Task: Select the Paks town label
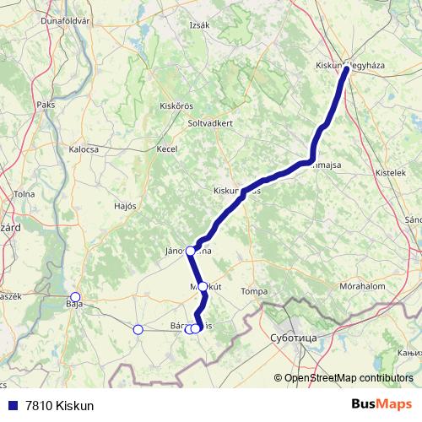coord(46,105)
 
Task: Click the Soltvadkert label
coord(210,122)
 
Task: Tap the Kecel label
coord(166,149)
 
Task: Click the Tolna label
coord(24,194)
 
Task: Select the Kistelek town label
coord(391,172)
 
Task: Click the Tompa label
coord(254,291)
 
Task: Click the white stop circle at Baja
coord(75,297)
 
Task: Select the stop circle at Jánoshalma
coord(191,251)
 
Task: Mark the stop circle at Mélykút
coord(203,287)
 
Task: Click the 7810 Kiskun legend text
coord(59,406)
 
